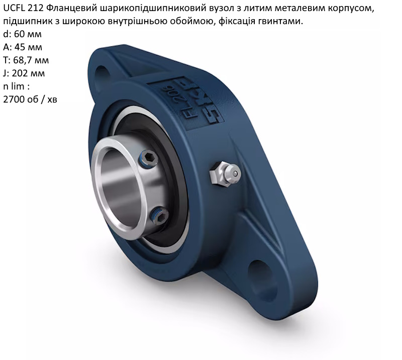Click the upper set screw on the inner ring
pos(149,159)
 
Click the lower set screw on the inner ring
pos(159,216)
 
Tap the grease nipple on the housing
pos(225,172)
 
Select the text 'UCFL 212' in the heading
pos(24,8)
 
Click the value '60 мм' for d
pos(28,34)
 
